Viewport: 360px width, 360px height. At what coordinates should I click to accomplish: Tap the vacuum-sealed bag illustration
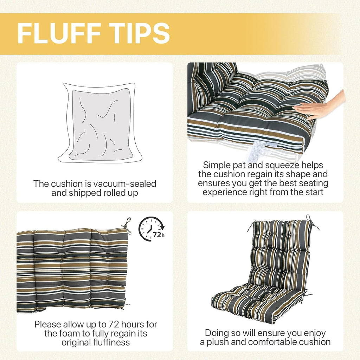(x=100, y=123)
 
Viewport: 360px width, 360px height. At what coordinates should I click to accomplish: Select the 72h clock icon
(x=152, y=229)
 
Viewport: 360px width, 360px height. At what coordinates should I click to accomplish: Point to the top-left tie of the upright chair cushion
(x=251, y=225)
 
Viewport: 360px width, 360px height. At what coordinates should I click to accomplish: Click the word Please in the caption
(x=48, y=324)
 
